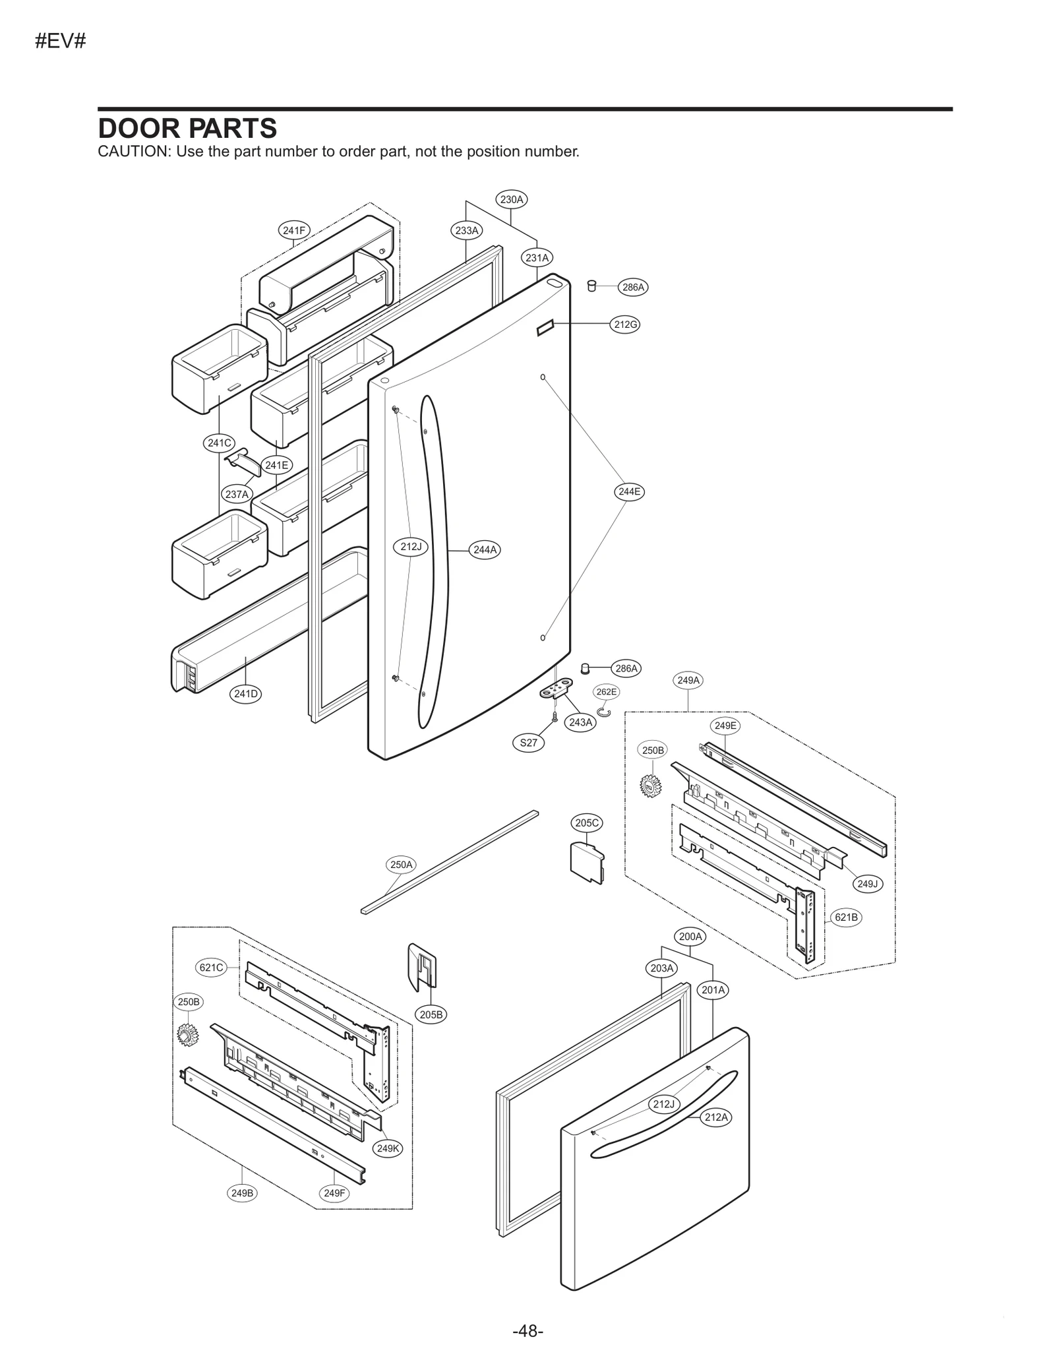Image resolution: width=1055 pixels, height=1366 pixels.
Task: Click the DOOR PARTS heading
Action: click(187, 128)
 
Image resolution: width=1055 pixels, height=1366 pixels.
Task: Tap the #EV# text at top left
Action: click(60, 42)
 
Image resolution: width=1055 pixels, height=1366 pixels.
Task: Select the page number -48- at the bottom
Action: click(527, 1331)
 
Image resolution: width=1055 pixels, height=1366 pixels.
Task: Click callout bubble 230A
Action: click(512, 199)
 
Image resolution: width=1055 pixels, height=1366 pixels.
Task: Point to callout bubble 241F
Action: click(293, 230)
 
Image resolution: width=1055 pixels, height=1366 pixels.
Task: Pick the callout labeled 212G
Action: click(624, 325)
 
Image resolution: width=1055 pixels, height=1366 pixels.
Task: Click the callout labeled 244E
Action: click(628, 491)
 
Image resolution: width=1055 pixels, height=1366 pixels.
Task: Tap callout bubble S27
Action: click(528, 743)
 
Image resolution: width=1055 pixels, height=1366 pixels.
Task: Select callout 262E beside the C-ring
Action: click(606, 692)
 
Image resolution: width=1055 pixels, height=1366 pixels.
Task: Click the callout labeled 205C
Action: click(587, 823)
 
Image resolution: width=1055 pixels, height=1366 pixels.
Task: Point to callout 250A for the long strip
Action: click(401, 864)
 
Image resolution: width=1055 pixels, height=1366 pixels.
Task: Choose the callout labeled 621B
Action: click(846, 917)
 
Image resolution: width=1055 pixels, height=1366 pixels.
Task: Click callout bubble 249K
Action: click(388, 1148)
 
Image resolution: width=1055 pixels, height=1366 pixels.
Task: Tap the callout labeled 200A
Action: click(690, 936)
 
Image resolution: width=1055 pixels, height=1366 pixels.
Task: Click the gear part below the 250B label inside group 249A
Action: click(650, 785)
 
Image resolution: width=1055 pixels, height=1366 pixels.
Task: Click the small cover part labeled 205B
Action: click(423, 967)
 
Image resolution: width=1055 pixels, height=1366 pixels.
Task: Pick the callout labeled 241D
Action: click(247, 693)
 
